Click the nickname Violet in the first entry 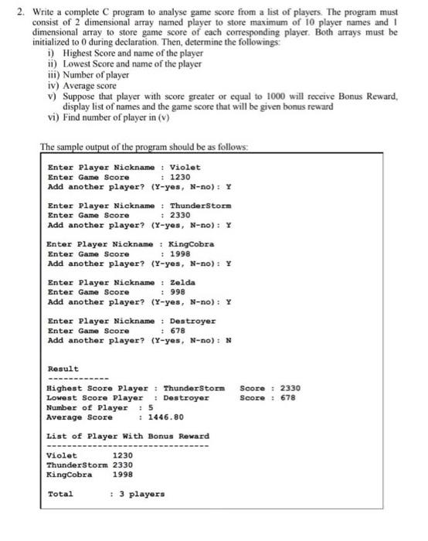[x=185, y=167]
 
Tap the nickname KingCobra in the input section [x=192, y=244]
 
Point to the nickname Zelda [x=182, y=282]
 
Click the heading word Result [x=63, y=369]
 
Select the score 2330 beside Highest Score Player [x=290, y=388]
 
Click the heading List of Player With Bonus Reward [x=128, y=436]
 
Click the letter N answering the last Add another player [x=228, y=340]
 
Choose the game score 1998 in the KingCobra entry [x=179, y=253]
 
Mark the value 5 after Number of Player [x=150, y=407]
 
